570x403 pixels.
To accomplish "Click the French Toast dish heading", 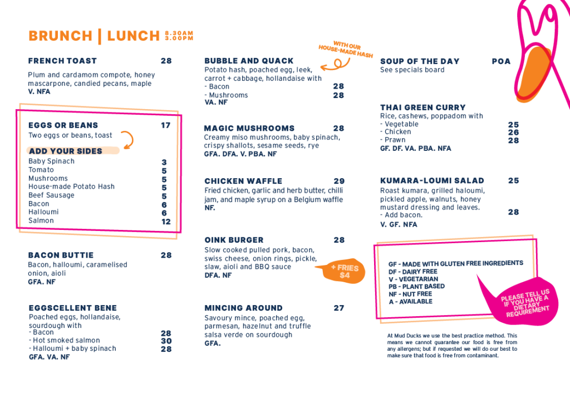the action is click(62, 61).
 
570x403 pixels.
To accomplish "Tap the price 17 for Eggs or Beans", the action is click(166, 125).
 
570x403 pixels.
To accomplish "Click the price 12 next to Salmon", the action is click(166, 222).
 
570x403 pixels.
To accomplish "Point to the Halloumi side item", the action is click(43, 212).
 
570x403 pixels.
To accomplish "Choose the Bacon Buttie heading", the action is click(61, 255).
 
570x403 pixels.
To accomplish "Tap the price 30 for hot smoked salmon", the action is click(166, 341).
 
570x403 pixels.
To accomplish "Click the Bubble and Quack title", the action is click(249, 61).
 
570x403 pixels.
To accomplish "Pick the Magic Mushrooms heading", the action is click(249, 128).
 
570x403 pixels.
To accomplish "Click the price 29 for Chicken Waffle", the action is click(339, 181).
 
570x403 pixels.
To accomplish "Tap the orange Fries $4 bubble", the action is click(343, 271).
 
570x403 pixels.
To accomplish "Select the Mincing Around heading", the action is click(243, 308).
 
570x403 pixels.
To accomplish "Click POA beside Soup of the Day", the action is click(501, 61).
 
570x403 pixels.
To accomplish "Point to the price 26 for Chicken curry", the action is click(513, 132).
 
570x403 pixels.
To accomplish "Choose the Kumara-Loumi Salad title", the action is click(432, 180).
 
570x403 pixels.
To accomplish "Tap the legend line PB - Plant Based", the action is click(416, 286).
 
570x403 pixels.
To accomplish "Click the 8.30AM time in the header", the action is click(179, 33).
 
